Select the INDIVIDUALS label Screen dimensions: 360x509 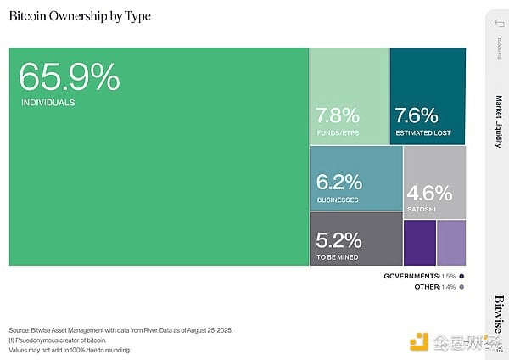[x=48, y=103]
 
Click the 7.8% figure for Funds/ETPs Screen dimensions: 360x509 [x=338, y=115]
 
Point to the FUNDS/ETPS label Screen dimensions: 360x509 [x=338, y=133]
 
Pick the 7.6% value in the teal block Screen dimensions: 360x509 [x=416, y=115]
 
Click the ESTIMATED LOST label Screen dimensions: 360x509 [x=423, y=133]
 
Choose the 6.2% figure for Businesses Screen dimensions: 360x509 [x=339, y=182]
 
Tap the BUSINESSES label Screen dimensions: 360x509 [x=338, y=200]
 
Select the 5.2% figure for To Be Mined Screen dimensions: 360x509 [x=338, y=240]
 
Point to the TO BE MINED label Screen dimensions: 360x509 [x=337, y=256]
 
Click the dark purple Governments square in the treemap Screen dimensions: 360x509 [x=420, y=242]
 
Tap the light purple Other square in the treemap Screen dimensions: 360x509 [x=451, y=242]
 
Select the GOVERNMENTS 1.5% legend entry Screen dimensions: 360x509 [x=424, y=277]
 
